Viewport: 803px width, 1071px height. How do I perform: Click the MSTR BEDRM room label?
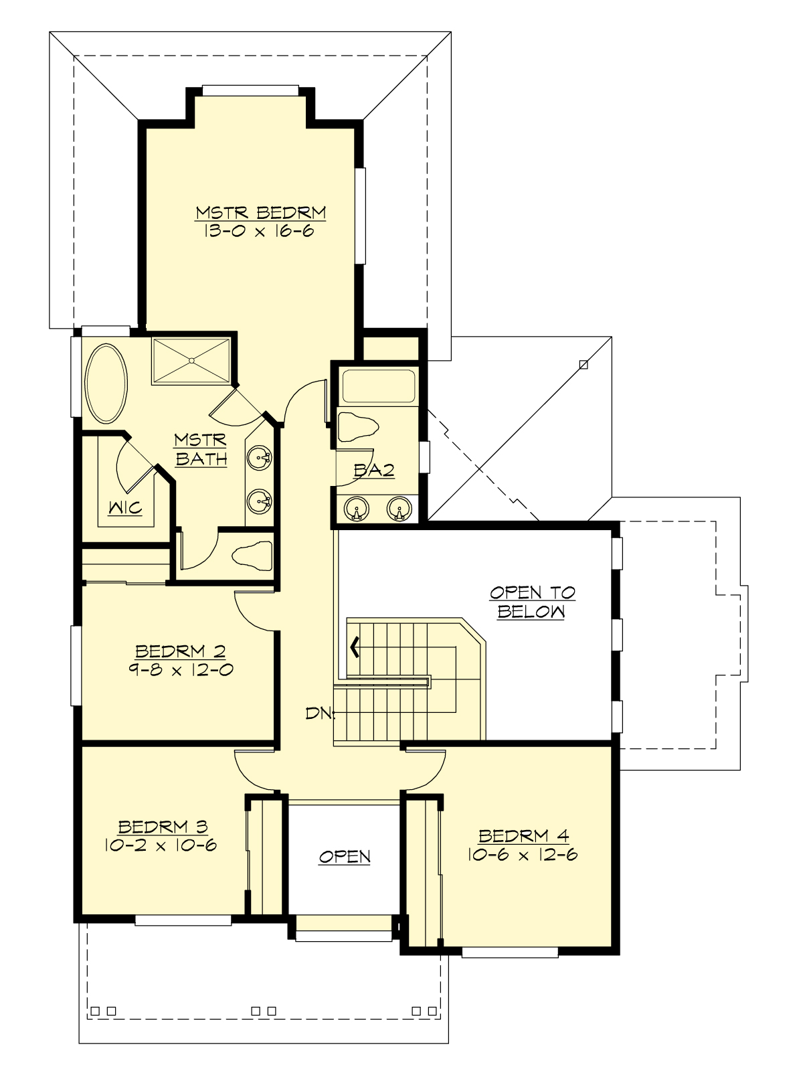click(x=261, y=213)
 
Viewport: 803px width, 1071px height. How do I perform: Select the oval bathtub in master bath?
click(x=106, y=384)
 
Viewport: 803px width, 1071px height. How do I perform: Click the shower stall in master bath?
click(x=192, y=361)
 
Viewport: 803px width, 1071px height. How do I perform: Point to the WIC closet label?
click(x=126, y=508)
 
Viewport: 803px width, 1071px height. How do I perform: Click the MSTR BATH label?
click(x=201, y=450)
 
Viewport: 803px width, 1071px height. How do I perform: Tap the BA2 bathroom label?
click(x=374, y=471)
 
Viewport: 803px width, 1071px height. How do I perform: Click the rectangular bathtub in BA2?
click(x=379, y=386)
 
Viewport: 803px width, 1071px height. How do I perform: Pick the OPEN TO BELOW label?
click(x=532, y=602)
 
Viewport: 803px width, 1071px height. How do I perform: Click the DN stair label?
click(x=319, y=714)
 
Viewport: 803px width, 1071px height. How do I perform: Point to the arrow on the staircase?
click(x=354, y=647)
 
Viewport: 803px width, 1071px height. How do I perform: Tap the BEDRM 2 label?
click(x=180, y=651)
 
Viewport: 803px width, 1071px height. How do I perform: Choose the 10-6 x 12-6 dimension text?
click(x=523, y=855)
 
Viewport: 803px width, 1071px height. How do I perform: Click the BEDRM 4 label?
click(x=523, y=836)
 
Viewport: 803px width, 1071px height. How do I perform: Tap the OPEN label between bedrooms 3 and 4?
click(x=345, y=857)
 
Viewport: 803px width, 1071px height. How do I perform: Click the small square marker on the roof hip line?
click(x=584, y=365)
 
